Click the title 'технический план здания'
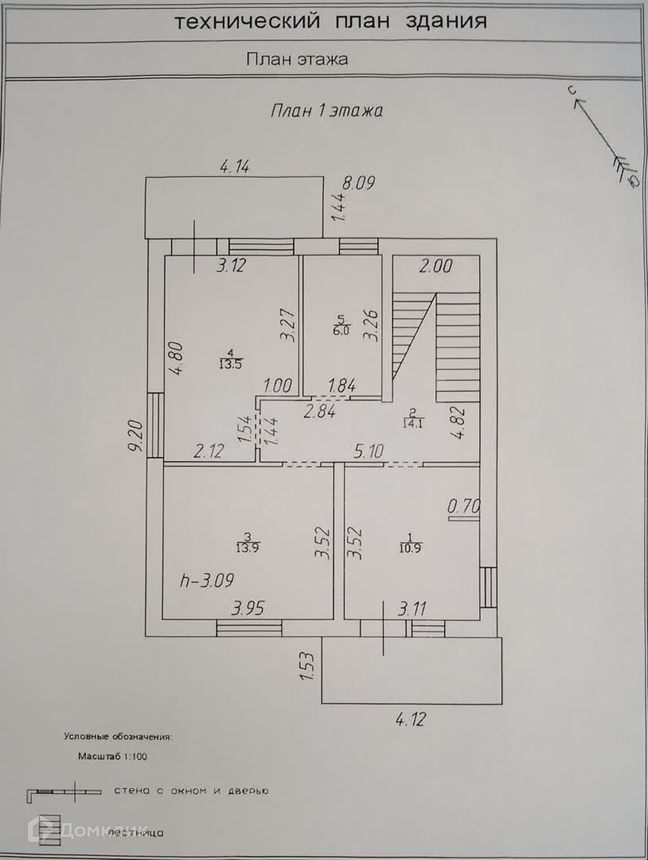click(x=330, y=21)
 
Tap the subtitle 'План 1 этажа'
click(x=326, y=111)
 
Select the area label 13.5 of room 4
click(x=230, y=364)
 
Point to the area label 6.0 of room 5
click(x=341, y=331)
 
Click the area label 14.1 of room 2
click(x=412, y=423)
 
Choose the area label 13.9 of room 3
click(x=248, y=547)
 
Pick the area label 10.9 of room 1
click(x=410, y=548)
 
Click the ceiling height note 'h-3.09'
click(x=206, y=581)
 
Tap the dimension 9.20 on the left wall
click(x=135, y=435)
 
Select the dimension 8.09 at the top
click(x=358, y=183)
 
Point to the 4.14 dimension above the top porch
click(x=235, y=167)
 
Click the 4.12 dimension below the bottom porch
click(x=411, y=719)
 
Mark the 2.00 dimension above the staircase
click(x=436, y=267)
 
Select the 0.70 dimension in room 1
click(x=463, y=507)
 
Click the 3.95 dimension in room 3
click(x=248, y=608)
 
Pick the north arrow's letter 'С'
click(x=571, y=91)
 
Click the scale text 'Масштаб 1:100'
click(x=112, y=757)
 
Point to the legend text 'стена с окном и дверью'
click(x=191, y=791)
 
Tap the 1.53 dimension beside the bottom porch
click(x=307, y=666)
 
